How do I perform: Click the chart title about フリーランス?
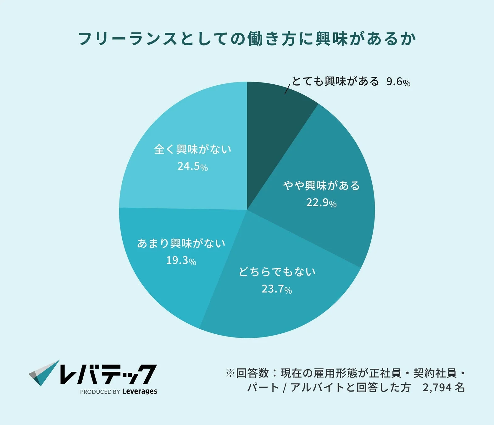point(247,39)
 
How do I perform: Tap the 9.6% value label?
point(398,82)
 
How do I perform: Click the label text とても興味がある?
point(336,81)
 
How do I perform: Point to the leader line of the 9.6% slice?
point(287,89)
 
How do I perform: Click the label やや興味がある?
point(321,185)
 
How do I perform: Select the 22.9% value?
point(321,202)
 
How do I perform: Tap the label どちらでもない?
point(277,272)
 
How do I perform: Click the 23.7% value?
point(277,289)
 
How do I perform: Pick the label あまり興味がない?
point(181,243)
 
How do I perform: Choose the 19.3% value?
point(181,260)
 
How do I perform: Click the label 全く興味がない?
point(192,149)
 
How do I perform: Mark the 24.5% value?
point(192,166)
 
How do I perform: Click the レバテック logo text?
point(108,374)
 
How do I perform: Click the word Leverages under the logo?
point(140,391)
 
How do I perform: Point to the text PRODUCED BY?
point(100,392)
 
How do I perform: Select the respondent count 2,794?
point(437,388)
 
